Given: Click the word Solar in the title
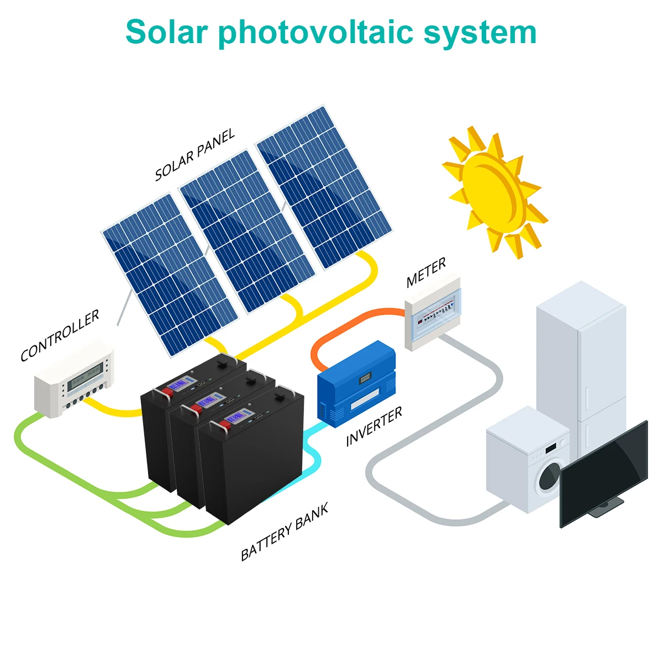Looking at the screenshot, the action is [165, 32].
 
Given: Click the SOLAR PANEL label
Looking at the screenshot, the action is [194, 155].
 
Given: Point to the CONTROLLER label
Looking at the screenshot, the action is [60, 335].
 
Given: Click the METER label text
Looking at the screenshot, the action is [426, 273].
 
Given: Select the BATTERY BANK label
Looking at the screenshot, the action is [285, 532].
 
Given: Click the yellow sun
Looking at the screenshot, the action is [493, 191].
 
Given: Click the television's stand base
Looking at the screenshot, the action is [608, 507].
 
